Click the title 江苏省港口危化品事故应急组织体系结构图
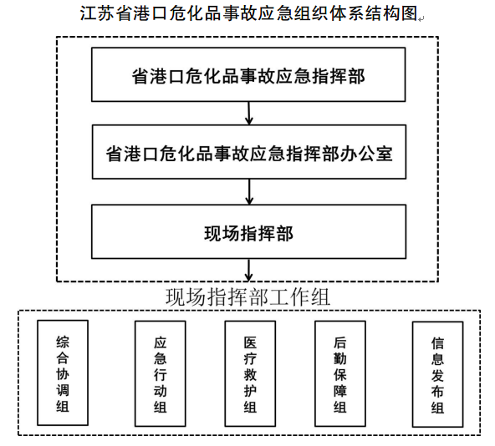pos(249,13)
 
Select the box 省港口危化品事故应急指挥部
pos(248,74)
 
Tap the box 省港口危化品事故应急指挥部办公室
pos(249,152)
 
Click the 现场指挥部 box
pos(249,232)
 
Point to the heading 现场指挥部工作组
pos(248,296)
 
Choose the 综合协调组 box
pos(63,373)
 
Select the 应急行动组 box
pos(161,374)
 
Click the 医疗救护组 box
pos(250,374)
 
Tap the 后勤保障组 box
pos(340,374)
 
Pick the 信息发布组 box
pos(438,374)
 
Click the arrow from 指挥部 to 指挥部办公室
pos(249,114)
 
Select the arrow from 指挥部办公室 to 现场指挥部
pos(249,192)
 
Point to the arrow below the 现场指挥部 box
pos(249,270)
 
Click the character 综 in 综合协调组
pos(63,342)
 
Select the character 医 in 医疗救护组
pos(250,343)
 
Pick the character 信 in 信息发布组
pos(438,344)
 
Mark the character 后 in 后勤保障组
pos(340,343)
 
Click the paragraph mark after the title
pos(421,19)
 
